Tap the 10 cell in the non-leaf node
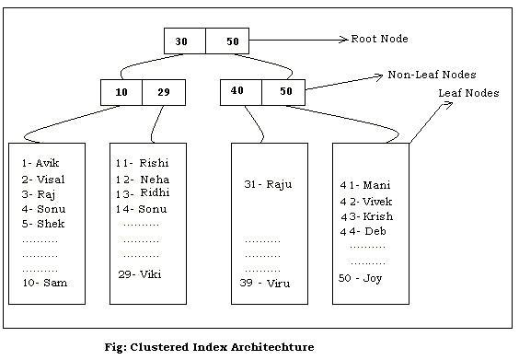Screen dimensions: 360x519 tap(121, 92)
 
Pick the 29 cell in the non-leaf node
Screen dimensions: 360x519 tap(164, 92)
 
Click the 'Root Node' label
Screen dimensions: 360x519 tap(379, 40)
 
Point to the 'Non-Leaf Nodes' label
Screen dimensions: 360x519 tap(432, 75)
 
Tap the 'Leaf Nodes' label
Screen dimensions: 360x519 tap(468, 93)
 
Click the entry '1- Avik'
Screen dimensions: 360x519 tap(40, 164)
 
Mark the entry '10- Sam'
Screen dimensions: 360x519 tap(44, 283)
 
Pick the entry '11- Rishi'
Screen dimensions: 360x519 tap(142, 164)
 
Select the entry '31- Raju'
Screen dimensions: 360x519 tap(268, 184)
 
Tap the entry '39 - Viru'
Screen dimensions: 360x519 tap(264, 283)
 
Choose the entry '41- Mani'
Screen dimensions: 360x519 tap(365, 185)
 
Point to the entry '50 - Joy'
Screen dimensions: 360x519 tap(360, 278)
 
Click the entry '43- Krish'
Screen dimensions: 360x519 tap(366, 216)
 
